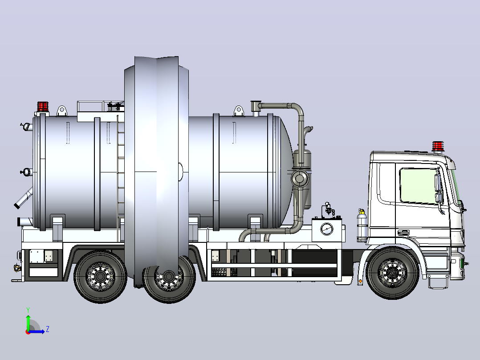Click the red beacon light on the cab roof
(438, 146)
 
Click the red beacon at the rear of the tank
(43, 106)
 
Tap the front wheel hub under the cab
(392, 273)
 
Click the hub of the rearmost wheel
(100, 276)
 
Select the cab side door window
(419, 185)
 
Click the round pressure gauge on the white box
(327, 229)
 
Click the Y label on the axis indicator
(28, 310)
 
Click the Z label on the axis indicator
(48, 329)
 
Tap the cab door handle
(403, 233)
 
